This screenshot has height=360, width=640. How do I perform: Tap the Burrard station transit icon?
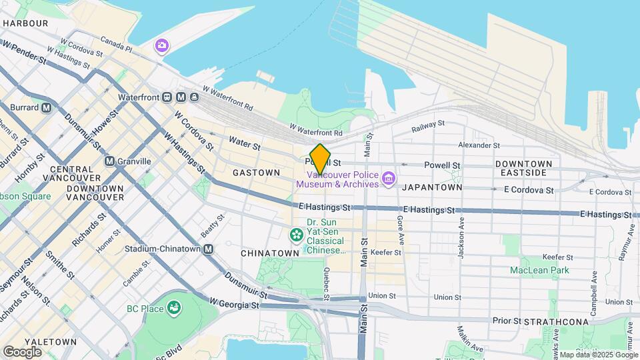tap(47, 107)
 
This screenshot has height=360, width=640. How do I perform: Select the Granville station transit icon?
tap(109, 161)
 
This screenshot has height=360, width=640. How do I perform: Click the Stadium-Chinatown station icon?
tap(208, 249)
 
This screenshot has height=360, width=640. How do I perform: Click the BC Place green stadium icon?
tap(174, 308)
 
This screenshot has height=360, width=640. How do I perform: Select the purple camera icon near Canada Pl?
tap(161, 46)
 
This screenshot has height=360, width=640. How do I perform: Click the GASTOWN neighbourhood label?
tap(256, 173)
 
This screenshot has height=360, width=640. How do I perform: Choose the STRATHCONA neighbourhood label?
tap(556, 322)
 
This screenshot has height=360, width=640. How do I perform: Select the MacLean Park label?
tap(539, 270)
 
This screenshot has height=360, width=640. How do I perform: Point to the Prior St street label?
tap(507, 321)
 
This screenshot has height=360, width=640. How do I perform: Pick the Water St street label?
tap(244, 141)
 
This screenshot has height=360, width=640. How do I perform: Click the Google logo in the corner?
tap(22, 351)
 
